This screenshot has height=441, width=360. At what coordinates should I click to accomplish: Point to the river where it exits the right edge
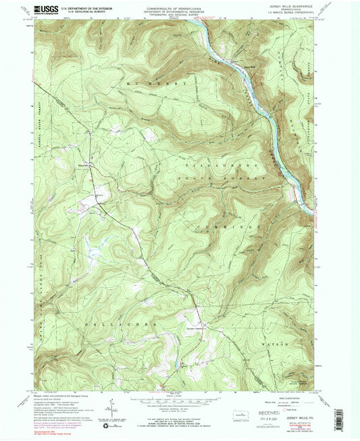click(x=313, y=207)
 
